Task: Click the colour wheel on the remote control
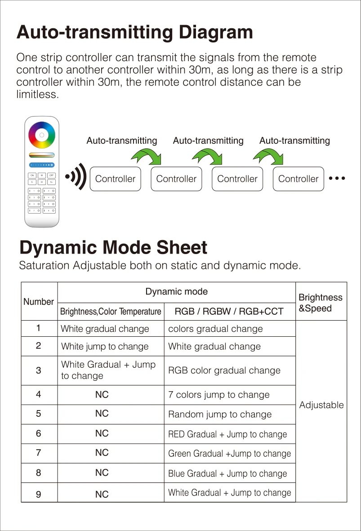[41, 135]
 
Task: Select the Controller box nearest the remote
[115, 179]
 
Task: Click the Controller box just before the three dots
[298, 179]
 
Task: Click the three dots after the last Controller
[337, 178]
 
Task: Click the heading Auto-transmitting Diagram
[134, 33]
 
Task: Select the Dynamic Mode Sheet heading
[113, 248]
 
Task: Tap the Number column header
[39, 302]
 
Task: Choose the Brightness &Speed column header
[320, 303]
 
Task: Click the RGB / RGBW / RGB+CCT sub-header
[229, 312]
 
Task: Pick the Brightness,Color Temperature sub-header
[111, 312]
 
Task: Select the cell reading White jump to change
[105, 347]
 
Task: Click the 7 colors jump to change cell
[219, 395]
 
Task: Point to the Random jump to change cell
[220, 415]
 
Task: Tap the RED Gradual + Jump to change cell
[227, 434]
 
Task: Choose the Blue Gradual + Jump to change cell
[227, 473]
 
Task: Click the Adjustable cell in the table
[321, 405]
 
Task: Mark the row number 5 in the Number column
[39, 414]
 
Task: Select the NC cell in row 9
[102, 494]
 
